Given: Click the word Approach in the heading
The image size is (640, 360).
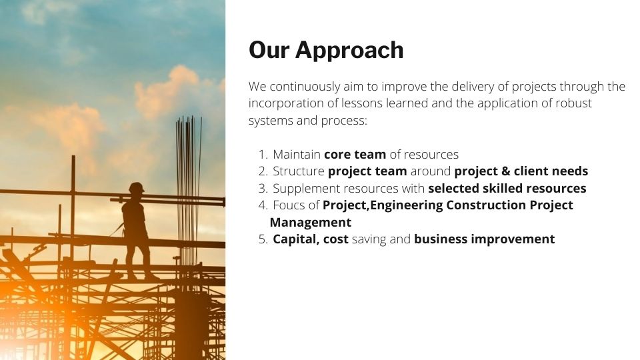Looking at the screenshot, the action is coord(349,51).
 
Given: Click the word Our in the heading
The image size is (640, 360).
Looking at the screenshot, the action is coord(269,50).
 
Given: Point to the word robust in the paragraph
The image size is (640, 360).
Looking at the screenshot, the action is coord(573,103).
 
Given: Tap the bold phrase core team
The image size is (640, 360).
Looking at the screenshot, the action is coord(355,155).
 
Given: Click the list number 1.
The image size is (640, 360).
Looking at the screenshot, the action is coord(263,155).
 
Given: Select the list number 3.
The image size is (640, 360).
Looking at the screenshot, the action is coord(263,189).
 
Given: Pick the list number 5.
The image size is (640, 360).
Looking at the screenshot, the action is coord(263,239).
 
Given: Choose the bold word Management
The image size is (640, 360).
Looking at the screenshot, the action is coord(311,223).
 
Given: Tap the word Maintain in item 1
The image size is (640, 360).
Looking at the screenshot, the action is coord(297,155).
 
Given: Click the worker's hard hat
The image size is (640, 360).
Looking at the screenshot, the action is coord(136,187).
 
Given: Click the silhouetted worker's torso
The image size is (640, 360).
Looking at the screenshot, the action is coord(134,216).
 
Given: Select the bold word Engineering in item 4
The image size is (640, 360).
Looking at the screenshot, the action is coord(406,205).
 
